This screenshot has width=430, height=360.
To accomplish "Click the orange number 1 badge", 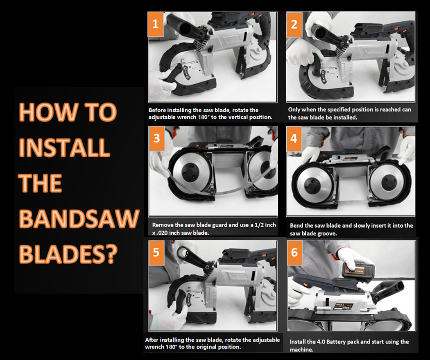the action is coord(156,24).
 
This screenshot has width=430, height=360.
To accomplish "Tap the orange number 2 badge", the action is coord(294,25).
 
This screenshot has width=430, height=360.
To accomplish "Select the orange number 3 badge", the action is coord(156,138).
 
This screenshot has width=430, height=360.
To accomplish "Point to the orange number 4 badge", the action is coord(294,138).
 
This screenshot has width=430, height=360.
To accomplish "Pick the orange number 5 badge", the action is coord(156,253).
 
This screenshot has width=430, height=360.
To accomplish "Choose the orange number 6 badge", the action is coord(294,253).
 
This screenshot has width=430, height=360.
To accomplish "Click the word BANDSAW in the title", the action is coord(79,219).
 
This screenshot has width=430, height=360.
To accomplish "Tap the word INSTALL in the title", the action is coord(64,147).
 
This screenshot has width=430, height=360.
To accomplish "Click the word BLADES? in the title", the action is coord(68,254).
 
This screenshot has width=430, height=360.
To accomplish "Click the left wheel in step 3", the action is coord(192,173).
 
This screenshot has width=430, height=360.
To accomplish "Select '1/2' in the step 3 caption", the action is coord(258,225).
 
